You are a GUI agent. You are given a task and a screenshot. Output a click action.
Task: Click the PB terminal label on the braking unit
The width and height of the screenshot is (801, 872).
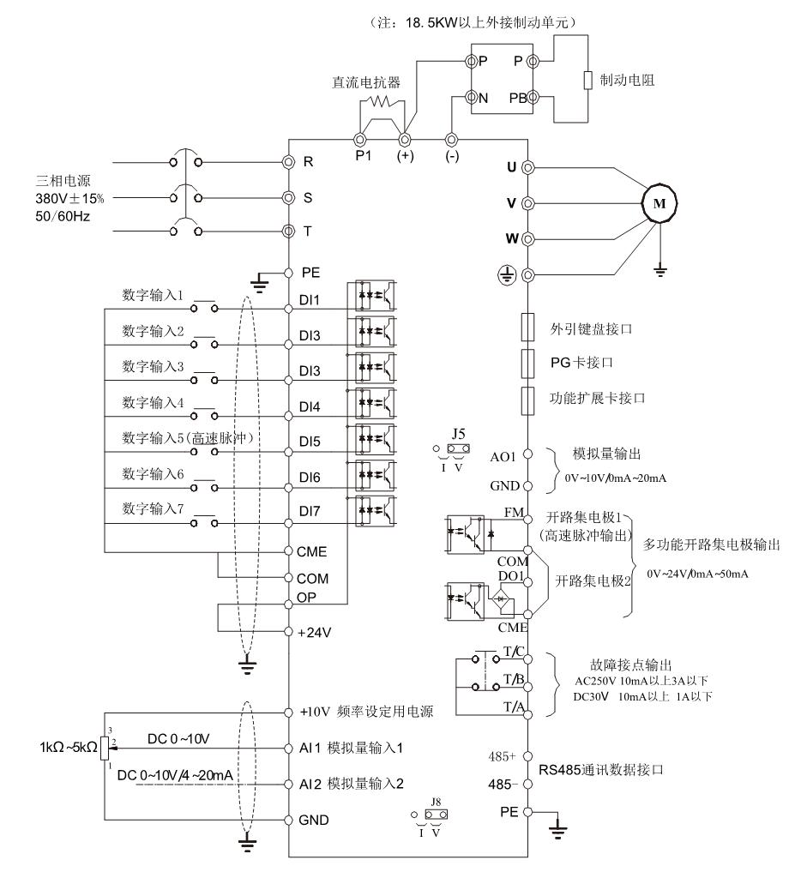(516, 98)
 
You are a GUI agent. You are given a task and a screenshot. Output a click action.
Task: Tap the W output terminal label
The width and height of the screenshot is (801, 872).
(511, 238)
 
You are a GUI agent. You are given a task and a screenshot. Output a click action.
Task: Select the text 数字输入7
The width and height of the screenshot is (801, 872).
(154, 508)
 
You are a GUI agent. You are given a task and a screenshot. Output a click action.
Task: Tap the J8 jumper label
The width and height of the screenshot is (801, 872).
(431, 803)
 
